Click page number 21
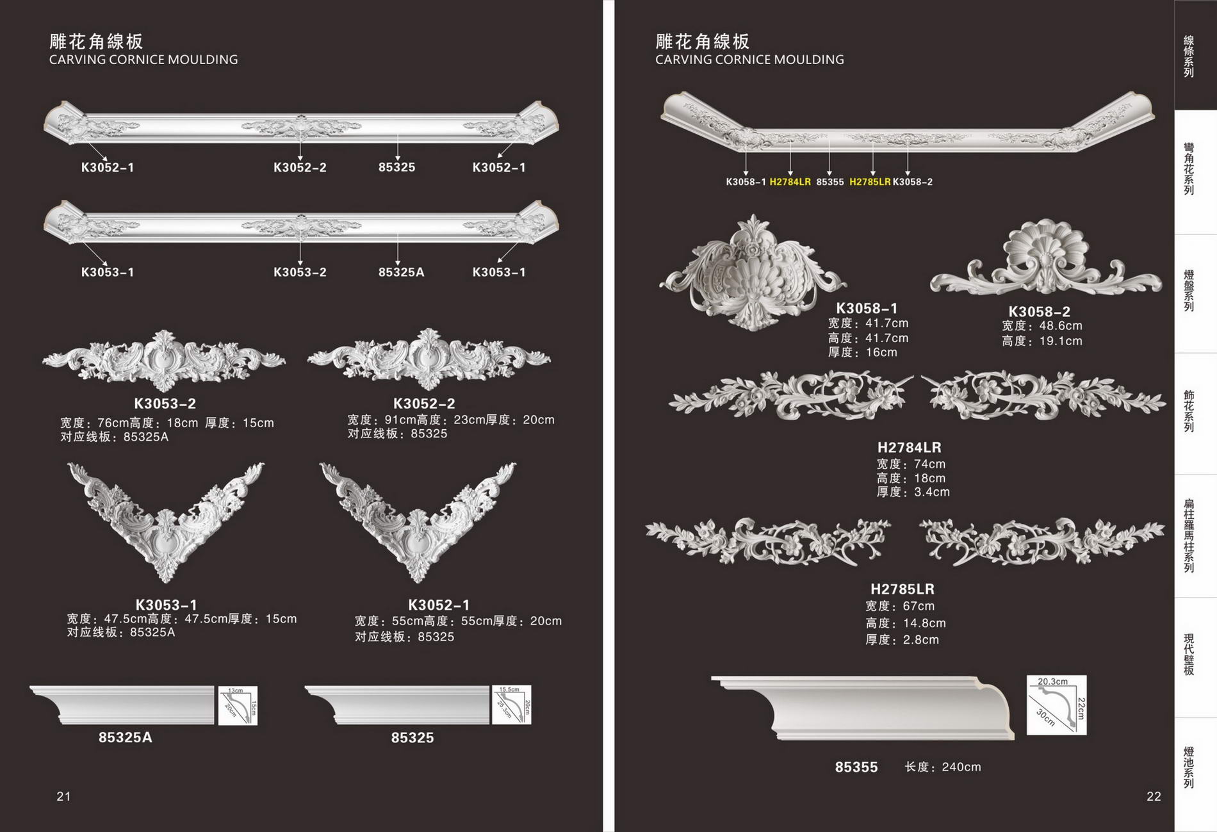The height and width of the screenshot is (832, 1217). (63, 796)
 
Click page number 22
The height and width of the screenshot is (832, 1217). (1153, 796)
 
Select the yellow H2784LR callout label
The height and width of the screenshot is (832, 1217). (790, 182)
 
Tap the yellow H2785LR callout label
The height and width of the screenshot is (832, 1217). (870, 182)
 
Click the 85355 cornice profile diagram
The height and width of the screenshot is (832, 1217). (1056, 705)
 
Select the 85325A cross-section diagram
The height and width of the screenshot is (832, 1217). (238, 705)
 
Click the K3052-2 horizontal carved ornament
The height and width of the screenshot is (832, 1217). (429, 359)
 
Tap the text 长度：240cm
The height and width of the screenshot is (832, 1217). (942, 767)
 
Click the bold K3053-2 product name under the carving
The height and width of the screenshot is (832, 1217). (165, 404)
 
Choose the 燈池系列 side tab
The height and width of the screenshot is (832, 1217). (1189, 767)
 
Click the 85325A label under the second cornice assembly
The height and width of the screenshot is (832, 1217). (401, 272)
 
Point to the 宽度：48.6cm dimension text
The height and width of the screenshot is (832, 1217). (1041, 326)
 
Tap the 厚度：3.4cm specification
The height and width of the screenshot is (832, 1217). (913, 492)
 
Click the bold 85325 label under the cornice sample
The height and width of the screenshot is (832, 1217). (412, 738)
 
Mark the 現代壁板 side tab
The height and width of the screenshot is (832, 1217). (1189, 655)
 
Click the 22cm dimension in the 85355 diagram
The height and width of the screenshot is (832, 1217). (1080, 708)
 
